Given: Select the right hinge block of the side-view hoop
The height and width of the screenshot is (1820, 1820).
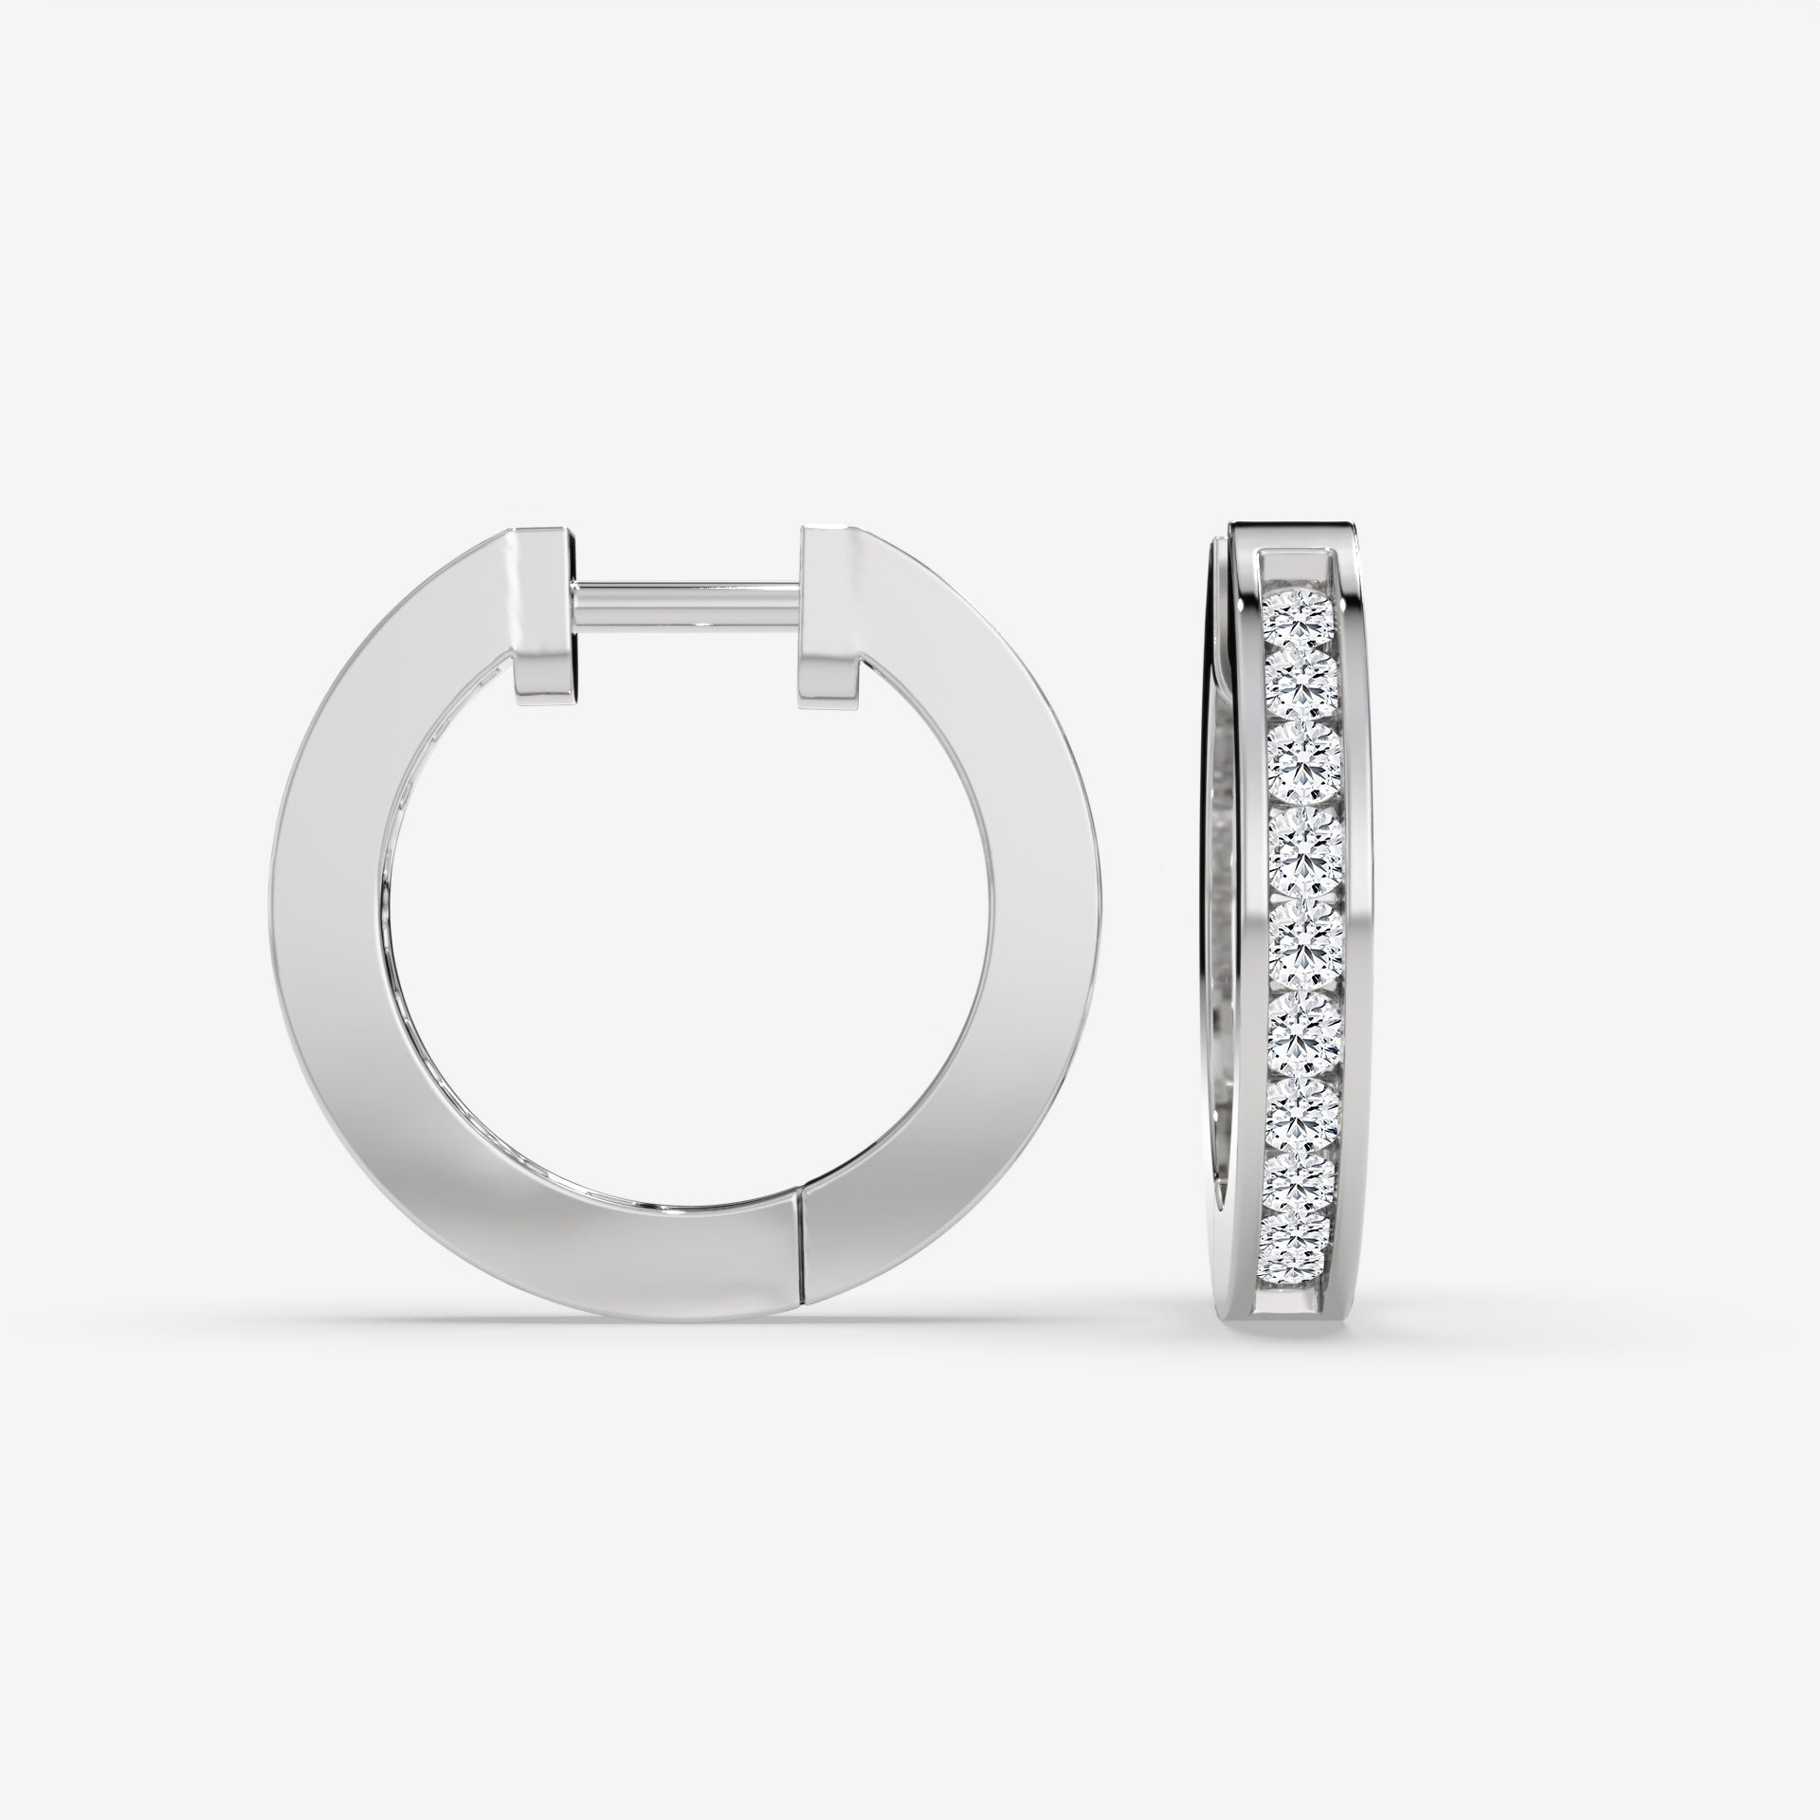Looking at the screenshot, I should click(828, 626).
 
